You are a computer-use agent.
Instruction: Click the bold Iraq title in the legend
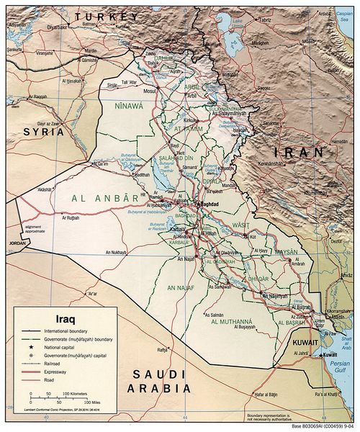pyautogui.click(x=58, y=315)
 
